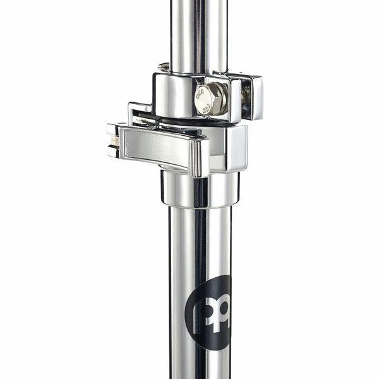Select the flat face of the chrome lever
point(155,147)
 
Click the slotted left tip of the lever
point(113,140)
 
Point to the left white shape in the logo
point(201,313)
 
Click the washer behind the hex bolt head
point(224,100)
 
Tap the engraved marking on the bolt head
point(203,98)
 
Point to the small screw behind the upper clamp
point(164,66)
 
